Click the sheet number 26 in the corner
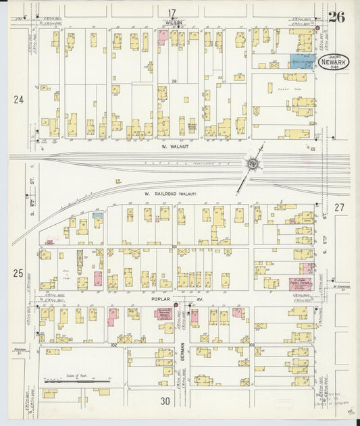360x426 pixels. [x=336, y=17]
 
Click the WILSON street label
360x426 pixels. [x=174, y=22]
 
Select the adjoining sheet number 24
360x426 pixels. [x=18, y=100]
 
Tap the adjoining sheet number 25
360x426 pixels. [x=18, y=273]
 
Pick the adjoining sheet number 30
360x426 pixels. [x=165, y=401]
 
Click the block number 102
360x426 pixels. [x=114, y=344]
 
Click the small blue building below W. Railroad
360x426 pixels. [x=97, y=215]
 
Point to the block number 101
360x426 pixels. [x=174, y=248]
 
